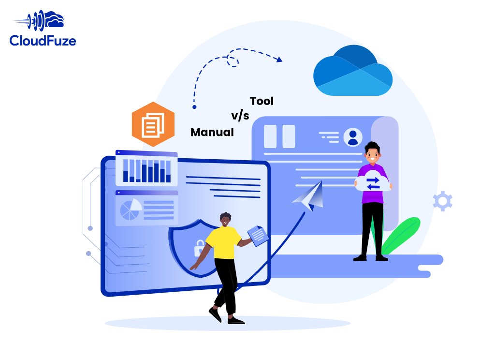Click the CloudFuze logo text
(x=43, y=41)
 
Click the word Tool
(x=262, y=101)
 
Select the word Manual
(x=212, y=132)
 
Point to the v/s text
(x=240, y=117)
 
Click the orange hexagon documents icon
(x=153, y=125)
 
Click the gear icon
(x=442, y=201)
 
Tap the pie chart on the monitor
(x=130, y=209)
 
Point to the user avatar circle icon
(x=353, y=137)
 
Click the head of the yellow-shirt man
(x=225, y=220)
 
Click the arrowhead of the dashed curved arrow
(x=279, y=60)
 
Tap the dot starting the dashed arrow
(x=194, y=106)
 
